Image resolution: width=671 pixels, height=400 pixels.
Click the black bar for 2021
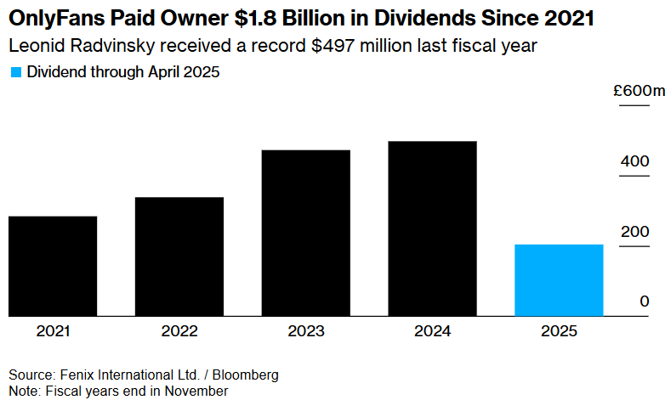tap(53, 266)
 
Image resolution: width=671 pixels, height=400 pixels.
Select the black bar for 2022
tap(179, 256)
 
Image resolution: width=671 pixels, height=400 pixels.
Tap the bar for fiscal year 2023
tap(306, 233)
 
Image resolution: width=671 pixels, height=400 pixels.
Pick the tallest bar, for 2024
tap(433, 228)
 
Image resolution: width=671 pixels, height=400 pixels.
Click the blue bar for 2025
tap(560, 280)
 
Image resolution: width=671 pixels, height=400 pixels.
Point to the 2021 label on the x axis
tap(53, 332)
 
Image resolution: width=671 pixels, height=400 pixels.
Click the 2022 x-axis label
tap(179, 332)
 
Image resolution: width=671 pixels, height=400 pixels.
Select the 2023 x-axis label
tap(306, 332)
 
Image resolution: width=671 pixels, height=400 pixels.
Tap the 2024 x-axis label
tap(433, 332)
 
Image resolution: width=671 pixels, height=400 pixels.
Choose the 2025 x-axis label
tap(560, 332)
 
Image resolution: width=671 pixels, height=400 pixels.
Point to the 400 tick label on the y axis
tap(634, 161)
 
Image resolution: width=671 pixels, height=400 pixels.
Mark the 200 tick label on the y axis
tap(634, 232)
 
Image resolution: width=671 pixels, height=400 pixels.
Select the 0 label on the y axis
tap(644, 301)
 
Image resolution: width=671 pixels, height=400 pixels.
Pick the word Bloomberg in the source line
tap(246, 375)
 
